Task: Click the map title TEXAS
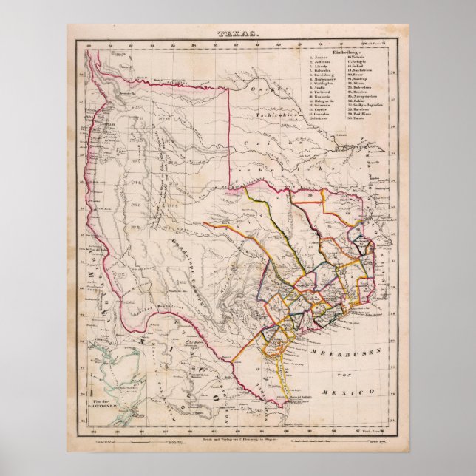click(x=237, y=35)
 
